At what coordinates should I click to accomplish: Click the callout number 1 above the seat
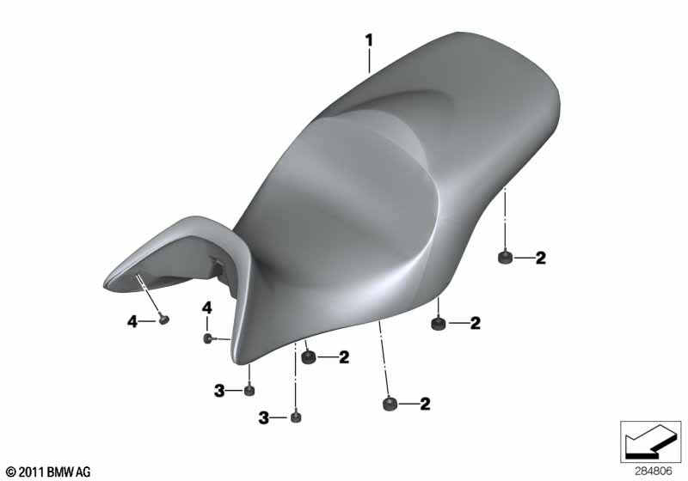tap(369, 40)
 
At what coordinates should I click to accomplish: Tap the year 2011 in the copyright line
tap(31, 472)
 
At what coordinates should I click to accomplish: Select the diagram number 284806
tap(654, 472)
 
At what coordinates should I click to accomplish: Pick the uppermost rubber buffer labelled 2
tap(506, 257)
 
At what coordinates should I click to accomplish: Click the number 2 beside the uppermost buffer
tap(541, 258)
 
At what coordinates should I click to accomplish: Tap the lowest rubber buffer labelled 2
tap(390, 403)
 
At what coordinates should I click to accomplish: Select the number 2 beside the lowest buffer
tap(425, 404)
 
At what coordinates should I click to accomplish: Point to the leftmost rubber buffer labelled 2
tap(310, 357)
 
